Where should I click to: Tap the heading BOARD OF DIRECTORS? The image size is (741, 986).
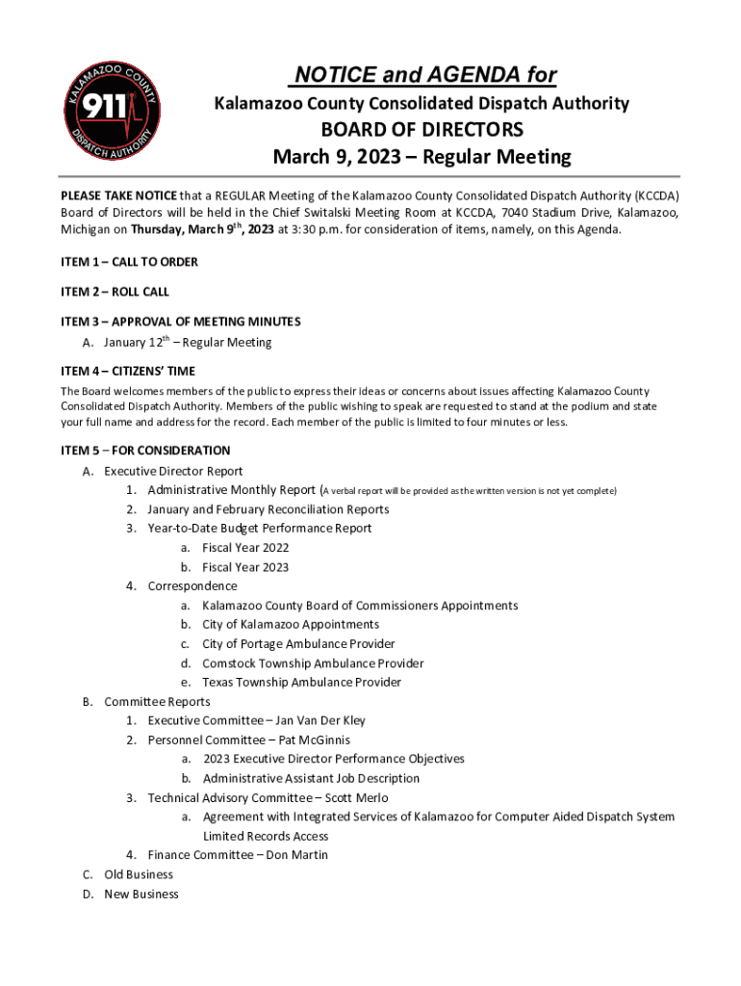pyautogui.click(x=422, y=130)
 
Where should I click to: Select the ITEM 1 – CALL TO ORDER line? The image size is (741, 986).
pyautogui.click(x=130, y=262)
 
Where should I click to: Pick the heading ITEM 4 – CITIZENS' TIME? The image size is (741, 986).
pyautogui.click(x=128, y=371)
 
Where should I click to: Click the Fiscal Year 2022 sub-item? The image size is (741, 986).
pyautogui.click(x=245, y=548)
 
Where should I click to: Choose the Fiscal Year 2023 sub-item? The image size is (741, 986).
pyautogui.click(x=245, y=567)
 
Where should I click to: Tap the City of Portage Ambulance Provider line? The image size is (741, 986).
pyautogui.click(x=298, y=644)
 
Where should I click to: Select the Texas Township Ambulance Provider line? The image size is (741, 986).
pyautogui.click(x=301, y=683)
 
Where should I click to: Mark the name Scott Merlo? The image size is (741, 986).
pyautogui.click(x=354, y=798)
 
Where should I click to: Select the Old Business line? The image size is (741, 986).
pyautogui.click(x=139, y=874)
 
